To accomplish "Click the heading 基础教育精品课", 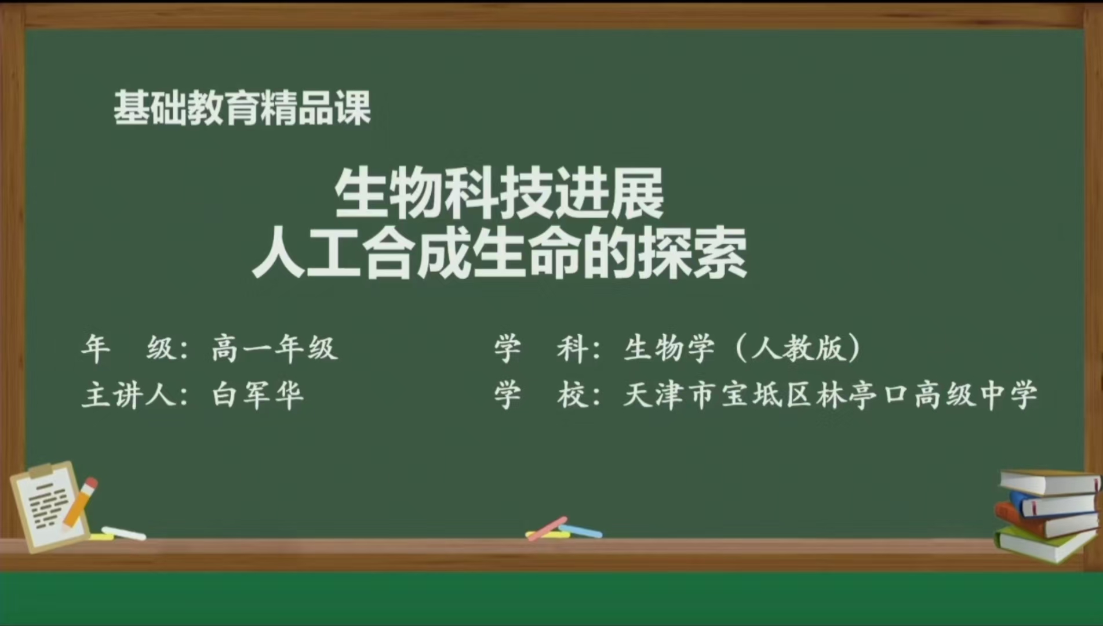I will click(242, 108).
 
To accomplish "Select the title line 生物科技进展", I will click(498, 193).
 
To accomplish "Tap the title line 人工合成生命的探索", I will click(499, 255).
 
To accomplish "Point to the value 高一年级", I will click(274, 349).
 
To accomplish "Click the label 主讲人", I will click(133, 396).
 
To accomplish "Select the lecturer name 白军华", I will click(258, 396).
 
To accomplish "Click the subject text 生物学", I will click(669, 349).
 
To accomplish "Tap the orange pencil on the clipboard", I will click(81, 502).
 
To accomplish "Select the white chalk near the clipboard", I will click(123, 533).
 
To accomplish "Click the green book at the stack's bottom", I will click(1043, 546).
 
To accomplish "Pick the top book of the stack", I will click(1049, 482).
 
